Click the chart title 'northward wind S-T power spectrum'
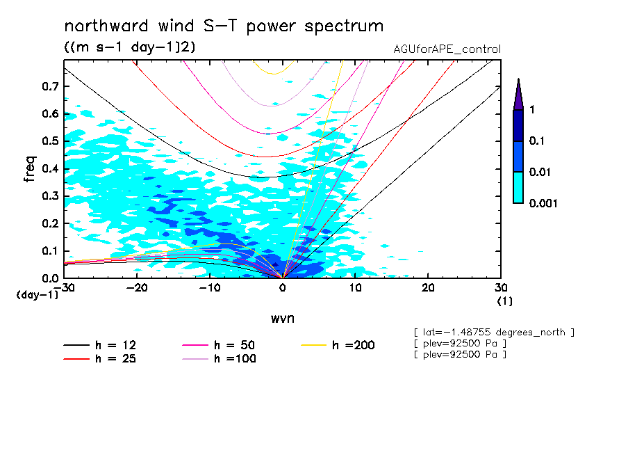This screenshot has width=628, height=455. [x=223, y=26]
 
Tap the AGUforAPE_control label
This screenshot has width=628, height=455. [x=447, y=49]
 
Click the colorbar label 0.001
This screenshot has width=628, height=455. [x=543, y=203]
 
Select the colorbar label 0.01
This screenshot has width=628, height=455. [x=539, y=172]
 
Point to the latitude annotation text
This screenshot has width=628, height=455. [x=494, y=332]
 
